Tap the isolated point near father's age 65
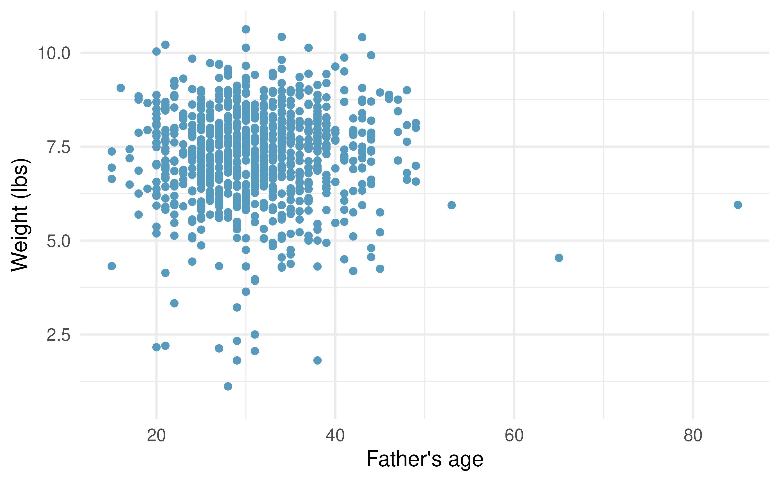(559, 257)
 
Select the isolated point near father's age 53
(452, 205)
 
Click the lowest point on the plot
(228, 386)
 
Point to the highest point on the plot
(246, 29)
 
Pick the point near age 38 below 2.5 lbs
(317, 360)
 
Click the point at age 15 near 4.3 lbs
(112, 266)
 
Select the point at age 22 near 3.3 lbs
(174, 303)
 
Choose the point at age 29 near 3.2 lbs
(237, 307)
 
